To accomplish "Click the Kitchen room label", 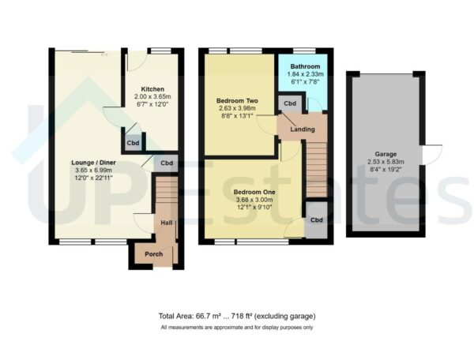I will click(x=152, y=88).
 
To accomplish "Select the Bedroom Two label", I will click(x=238, y=101).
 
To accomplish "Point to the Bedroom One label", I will click(x=254, y=191).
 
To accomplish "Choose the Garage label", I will click(x=385, y=154).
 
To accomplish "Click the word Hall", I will click(x=167, y=224).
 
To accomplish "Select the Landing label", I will click(x=302, y=129).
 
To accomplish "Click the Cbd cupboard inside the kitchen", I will click(x=130, y=144).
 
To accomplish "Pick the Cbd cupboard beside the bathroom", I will click(x=289, y=103).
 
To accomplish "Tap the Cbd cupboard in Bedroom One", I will click(x=316, y=220).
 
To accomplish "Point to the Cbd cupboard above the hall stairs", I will click(x=166, y=164).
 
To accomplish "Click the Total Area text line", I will click(x=237, y=317).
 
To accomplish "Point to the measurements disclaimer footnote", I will click(x=237, y=327).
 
